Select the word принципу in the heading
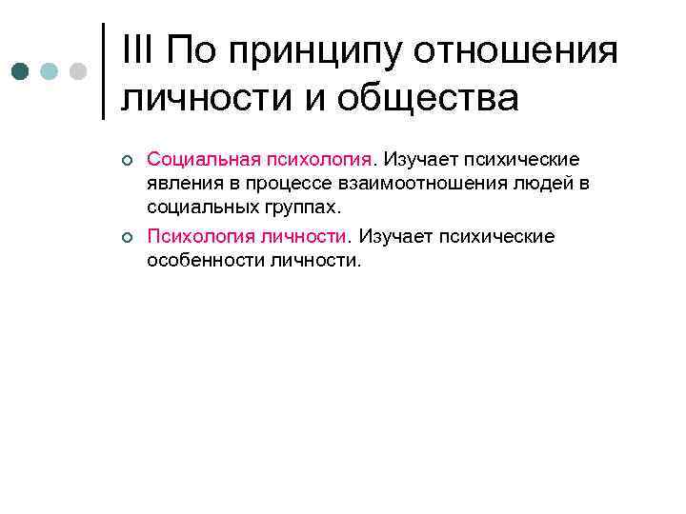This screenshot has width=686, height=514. click(x=315, y=52)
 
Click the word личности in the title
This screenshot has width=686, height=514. click(x=201, y=98)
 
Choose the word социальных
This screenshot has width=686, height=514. click(x=198, y=207)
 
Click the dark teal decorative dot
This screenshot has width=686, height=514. click(x=20, y=72)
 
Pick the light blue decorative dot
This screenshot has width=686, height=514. click(x=50, y=72)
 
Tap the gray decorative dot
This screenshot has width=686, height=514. click(x=78, y=72)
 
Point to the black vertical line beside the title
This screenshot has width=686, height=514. click(x=103, y=71)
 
